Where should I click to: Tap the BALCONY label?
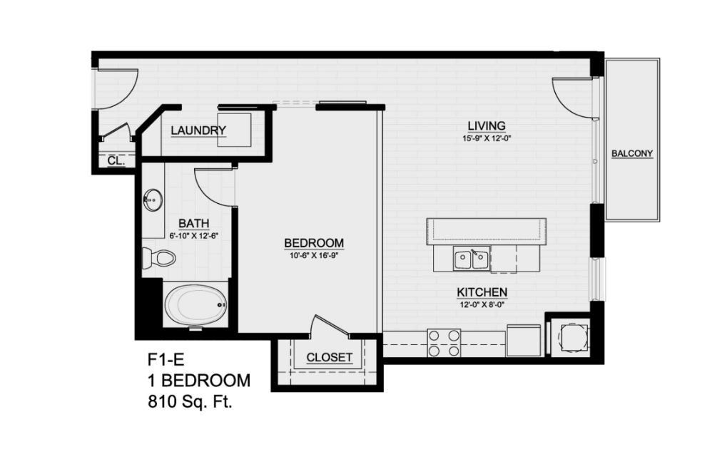coord(632,153)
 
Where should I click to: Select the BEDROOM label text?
coord(314,244)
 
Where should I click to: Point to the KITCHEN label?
coord(482,292)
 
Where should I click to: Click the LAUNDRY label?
coord(198,130)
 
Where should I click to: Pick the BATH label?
coord(193,223)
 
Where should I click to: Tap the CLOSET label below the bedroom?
coord(329,357)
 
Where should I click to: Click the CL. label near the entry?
coord(116,161)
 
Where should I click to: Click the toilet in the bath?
coord(159,257)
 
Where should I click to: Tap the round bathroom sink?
coord(153,200)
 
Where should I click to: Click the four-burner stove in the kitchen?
coord(444,343)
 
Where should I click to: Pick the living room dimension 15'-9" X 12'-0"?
coord(487,139)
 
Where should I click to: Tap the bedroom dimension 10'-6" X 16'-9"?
coord(314,255)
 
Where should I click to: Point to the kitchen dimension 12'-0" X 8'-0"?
coord(482,304)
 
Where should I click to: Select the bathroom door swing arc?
coord(210,187)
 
